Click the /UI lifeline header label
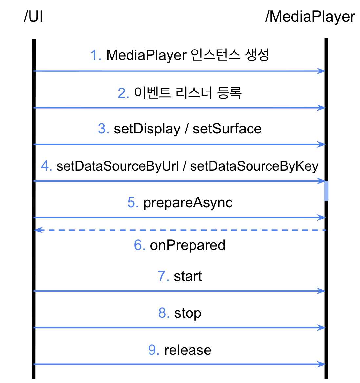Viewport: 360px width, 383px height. [x=33, y=17]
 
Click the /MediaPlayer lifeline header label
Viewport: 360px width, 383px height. [x=310, y=17]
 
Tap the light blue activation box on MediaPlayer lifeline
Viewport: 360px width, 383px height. [x=326, y=191]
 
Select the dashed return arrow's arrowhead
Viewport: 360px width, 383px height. [x=38, y=230]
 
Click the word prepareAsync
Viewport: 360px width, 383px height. [x=188, y=203]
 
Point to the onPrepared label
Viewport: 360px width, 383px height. [x=188, y=245]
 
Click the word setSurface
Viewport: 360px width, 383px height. [x=227, y=129]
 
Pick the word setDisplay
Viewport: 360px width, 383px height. [x=147, y=129]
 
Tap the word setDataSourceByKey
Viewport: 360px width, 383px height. [x=254, y=166]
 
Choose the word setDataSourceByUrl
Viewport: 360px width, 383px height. [x=118, y=166]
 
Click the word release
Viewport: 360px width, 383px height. [x=188, y=350]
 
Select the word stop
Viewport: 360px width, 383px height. [x=188, y=313]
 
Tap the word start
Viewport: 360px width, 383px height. [x=188, y=276]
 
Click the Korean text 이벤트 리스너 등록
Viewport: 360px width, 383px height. [x=188, y=93]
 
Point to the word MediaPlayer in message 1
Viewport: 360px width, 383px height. [x=146, y=55]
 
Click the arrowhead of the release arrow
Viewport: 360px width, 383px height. [x=322, y=364]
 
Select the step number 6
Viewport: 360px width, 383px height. [x=139, y=245]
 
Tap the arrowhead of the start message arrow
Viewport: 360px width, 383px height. [x=322, y=291]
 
